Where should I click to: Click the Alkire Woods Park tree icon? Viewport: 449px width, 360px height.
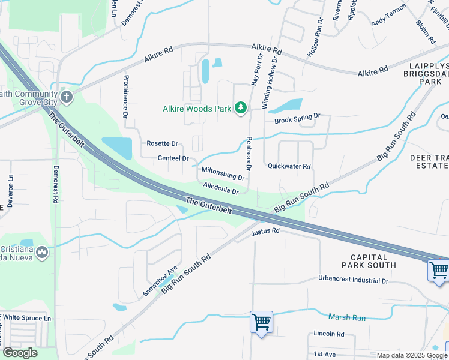click(241, 108)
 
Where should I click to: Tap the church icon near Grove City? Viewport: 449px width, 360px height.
click(66, 97)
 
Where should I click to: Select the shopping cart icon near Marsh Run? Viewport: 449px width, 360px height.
click(262, 322)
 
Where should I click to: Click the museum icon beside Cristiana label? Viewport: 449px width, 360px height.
click(41, 253)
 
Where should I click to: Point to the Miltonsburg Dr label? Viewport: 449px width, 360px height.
click(223, 173)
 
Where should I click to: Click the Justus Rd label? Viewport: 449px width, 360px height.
click(266, 231)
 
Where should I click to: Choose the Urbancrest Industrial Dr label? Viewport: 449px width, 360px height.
click(353, 280)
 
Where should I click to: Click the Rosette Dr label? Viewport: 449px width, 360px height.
click(162, 144)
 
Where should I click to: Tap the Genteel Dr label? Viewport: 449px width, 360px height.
click(173, 158)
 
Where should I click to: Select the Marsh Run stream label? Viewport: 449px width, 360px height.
click(347, 316)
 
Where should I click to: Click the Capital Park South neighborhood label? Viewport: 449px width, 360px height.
click(369, 260)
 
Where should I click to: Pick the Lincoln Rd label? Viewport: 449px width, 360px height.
click(329, 334)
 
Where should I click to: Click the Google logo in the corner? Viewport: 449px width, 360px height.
click(20, 353)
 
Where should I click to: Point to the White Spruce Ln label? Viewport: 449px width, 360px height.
click(28, 317)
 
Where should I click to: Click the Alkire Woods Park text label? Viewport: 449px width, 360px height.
click(197, 109)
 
